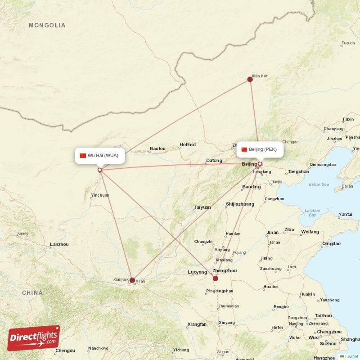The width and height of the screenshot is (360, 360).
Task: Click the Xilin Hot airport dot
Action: click(250, 79)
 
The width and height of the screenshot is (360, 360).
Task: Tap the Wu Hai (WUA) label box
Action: click(99, 156)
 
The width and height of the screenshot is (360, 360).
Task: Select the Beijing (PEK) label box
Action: click(261, 149)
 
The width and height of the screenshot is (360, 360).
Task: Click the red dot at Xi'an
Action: click(132, 280)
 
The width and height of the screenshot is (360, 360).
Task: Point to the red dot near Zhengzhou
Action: click(216, 278)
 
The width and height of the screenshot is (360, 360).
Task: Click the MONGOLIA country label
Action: click(47, 25)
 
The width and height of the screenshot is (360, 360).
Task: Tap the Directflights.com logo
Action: click(34, 338)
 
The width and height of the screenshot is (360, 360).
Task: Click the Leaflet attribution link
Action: click(351, 356)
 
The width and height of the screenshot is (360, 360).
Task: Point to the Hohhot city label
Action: click(188, 144)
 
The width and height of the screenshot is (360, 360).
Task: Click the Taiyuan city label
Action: click(202, 207)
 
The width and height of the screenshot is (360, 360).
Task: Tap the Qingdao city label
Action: click(331, 244)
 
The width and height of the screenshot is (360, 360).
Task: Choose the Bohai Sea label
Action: click(319, 184)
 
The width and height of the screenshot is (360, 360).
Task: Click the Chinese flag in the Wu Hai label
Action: click(83, 156)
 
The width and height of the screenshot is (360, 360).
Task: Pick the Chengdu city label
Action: click(65, 350)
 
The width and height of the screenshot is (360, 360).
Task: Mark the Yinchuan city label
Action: click(100, 195)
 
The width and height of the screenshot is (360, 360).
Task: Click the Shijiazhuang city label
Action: click(240, 204)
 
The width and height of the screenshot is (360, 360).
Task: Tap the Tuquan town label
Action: click(348, 43)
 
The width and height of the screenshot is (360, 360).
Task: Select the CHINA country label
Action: click(32, 292)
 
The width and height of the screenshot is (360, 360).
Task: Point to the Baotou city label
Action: click(157, 148)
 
